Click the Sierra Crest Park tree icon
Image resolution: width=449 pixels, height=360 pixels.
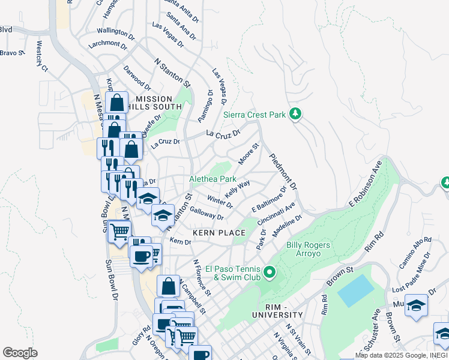tap(295, 113)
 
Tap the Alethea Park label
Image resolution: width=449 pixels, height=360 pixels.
tap(212, 179)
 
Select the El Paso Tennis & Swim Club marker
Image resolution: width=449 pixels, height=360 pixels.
tap(270, 273)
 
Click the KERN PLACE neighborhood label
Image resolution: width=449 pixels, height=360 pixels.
tap(218, 232)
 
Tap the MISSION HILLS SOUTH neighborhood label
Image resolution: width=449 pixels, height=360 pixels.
tap(154, 103)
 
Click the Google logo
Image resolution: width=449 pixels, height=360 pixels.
tap(20, 353)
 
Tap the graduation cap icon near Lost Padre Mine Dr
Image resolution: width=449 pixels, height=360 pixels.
tap(416, 305)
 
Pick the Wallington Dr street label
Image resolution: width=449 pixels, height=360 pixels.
tap(116, 31)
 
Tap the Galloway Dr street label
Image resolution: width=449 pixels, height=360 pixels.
tap(206, 212)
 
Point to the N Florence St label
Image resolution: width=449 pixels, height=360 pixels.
tap(202, 278)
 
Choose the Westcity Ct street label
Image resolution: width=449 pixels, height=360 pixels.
tap(42, 56)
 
